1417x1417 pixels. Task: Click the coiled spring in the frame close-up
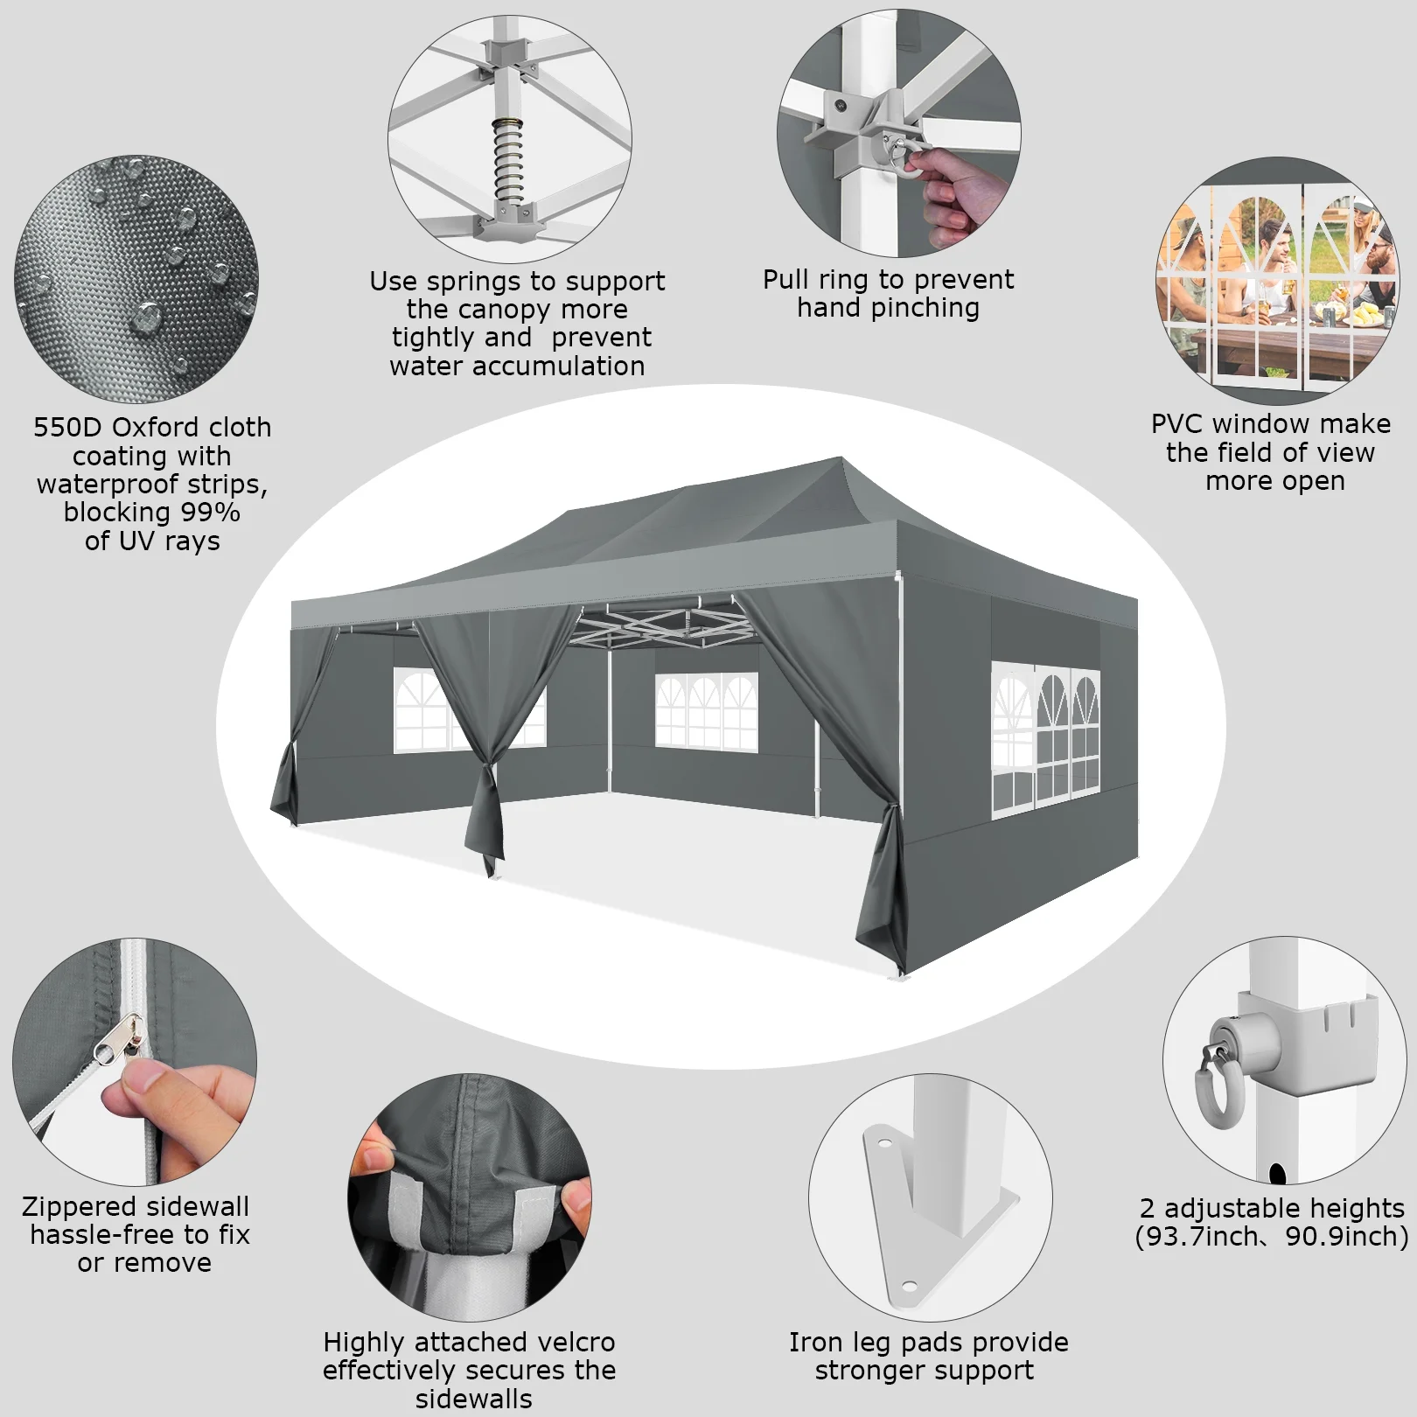click(x=508, y=160)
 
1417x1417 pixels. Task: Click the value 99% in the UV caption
click(x=210, y=512)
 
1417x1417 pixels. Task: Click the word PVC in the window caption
click(x=1177, y=424)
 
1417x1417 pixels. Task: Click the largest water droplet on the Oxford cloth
click(x=145, y=318)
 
